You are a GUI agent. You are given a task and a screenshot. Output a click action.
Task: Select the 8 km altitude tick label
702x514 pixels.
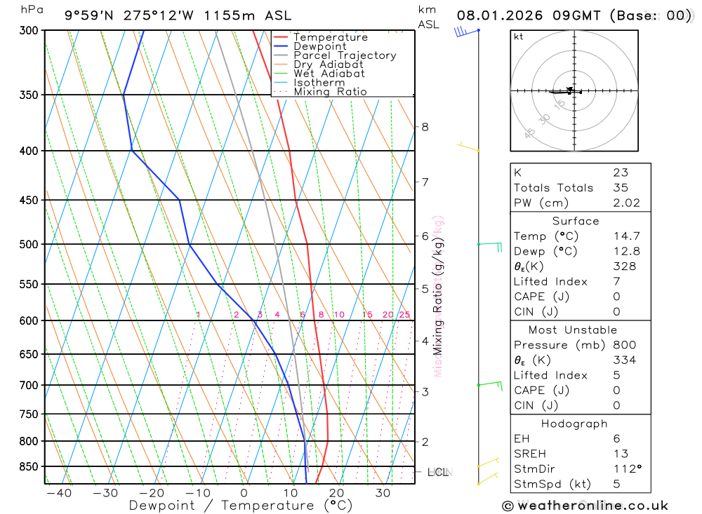(425, 127)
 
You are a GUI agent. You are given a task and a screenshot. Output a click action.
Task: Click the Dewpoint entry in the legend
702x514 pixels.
(319, 46)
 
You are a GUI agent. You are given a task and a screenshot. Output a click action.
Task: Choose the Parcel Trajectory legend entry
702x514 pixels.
(345, 55)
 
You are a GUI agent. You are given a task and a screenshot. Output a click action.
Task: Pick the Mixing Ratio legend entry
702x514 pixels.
(330, 92)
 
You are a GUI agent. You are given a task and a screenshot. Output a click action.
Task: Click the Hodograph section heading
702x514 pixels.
(574, 424)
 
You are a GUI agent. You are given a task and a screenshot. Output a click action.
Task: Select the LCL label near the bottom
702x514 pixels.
(438, 472)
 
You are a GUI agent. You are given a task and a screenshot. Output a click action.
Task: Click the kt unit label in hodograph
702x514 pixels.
(519, 37)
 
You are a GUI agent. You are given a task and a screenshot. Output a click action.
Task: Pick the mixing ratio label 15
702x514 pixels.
(367, 315)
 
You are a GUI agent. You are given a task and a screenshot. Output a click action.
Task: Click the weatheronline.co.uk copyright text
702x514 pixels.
(585, 506)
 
